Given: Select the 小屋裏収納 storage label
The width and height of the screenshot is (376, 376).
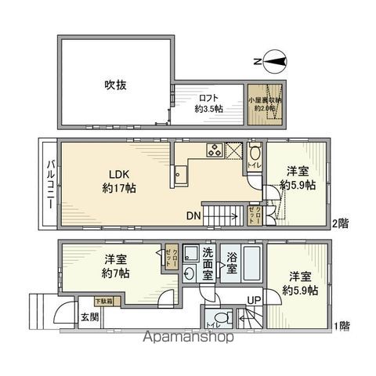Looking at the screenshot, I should (x=264, y=104).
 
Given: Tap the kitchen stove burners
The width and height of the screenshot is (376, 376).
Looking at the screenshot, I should (x=213, y=150).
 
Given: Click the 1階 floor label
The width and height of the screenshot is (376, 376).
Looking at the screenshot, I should (x=341, y=326).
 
